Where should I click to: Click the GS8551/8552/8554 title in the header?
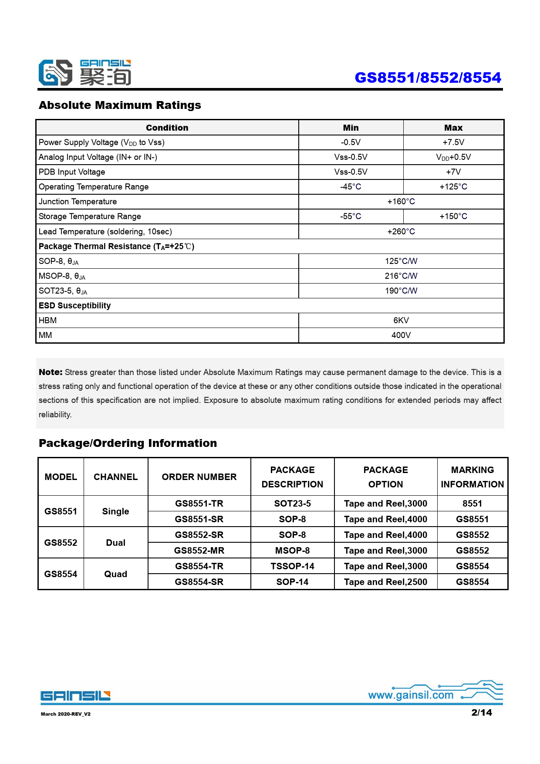pyautogui.click(x=428, y=78)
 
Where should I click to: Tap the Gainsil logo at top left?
pyautogui.click(x=84, y=73)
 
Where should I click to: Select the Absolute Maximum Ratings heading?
pyautogui.click(x=120, y=105)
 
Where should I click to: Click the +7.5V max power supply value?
pyautogui.click(x=453, y=142)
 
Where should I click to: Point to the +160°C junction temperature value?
pyautogui.click(x=401, y=202)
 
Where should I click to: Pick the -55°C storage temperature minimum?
pyautogui.click(x=351, y=216)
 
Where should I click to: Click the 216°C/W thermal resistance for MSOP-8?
pyautogui.click(x=401, y=276)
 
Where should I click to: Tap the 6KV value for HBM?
pyautogui.click(x=401, y=320)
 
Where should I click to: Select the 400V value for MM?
pyautogui.click(x=401, y=335)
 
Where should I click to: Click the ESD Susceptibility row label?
pyautogui.click(x=75, y=305)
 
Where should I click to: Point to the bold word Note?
pyautogui.click(x=51, y=372)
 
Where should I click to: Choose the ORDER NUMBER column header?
pyautogui.click(x=199, y=477)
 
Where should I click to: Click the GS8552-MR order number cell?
pyautogui.click(x=199, y=551)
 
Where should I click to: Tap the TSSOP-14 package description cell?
pyautogui.click(x=292, y=566)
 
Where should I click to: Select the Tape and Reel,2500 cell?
pyautogui.click(x=385, y=582)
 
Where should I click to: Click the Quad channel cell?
pyautogui.click(x=115, y=574)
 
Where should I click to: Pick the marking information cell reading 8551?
pyautogui.click(x=472, y=504)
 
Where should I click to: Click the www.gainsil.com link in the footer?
pyautogui.click(x=411, y=695)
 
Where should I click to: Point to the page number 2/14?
pyautogui.click(x=481, y=713)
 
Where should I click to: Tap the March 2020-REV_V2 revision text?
pyautogui.click(x=66, y=714)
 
